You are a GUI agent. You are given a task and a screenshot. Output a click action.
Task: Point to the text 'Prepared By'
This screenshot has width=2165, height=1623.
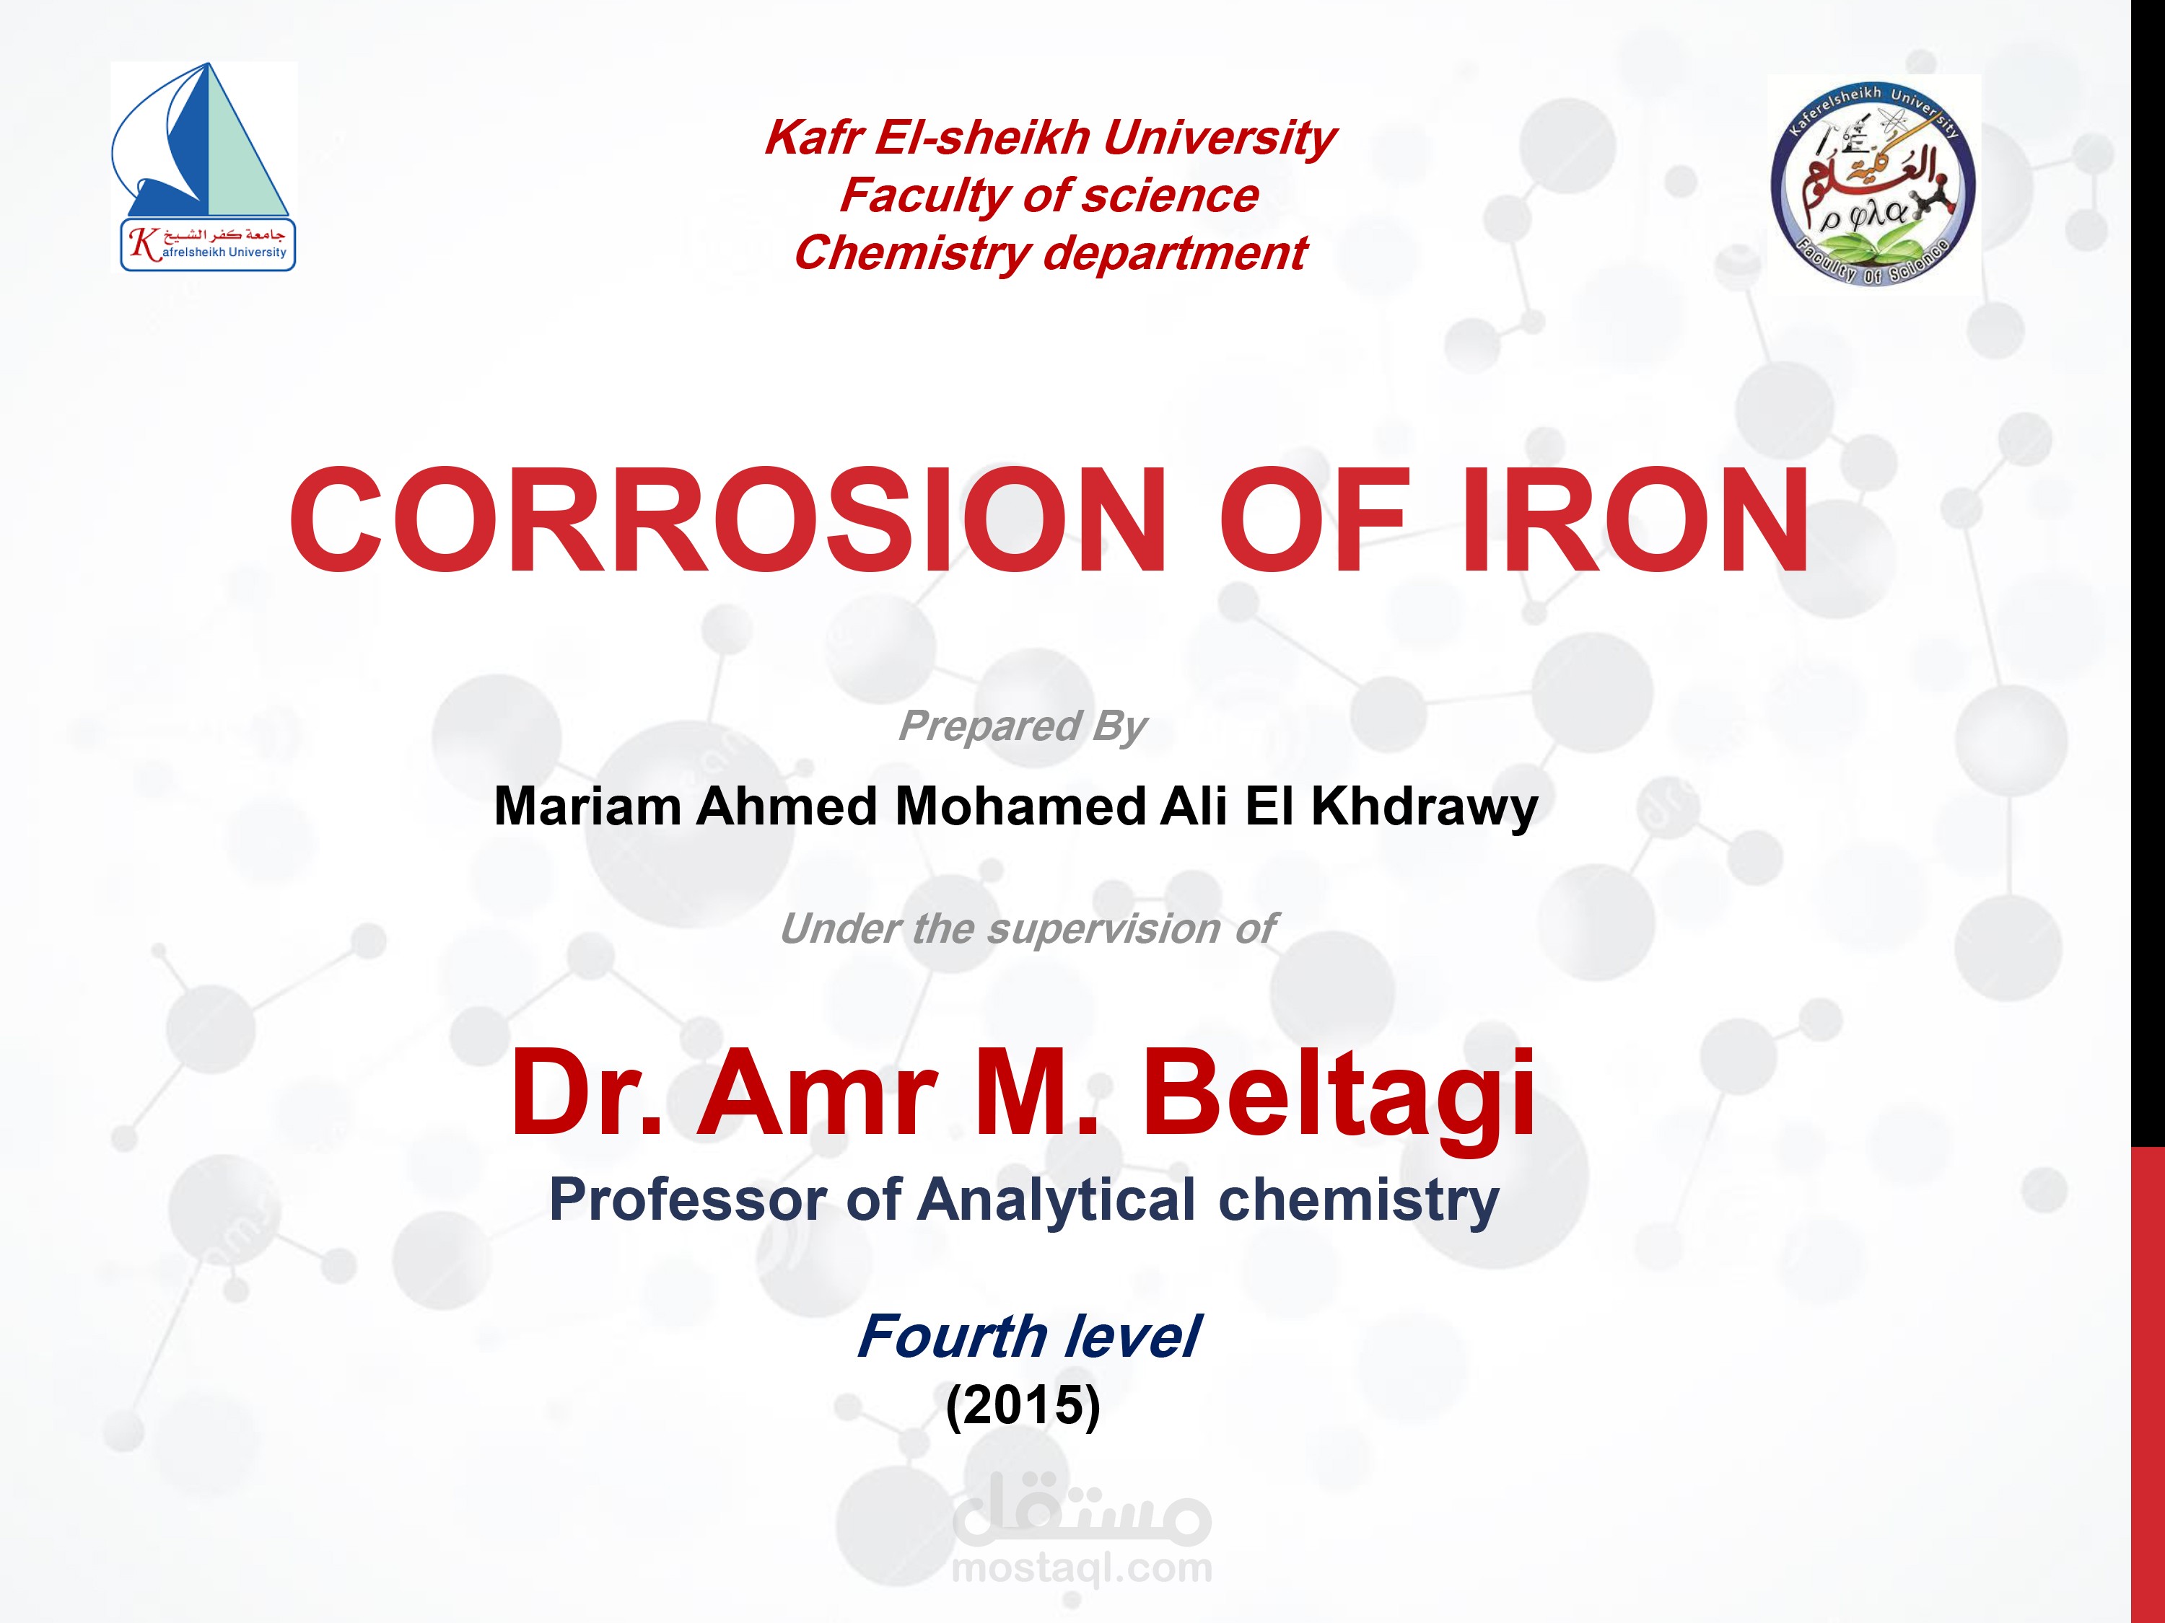pos(1022,726)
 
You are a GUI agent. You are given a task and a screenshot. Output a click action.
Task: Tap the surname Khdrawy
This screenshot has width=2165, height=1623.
pos(1424,807)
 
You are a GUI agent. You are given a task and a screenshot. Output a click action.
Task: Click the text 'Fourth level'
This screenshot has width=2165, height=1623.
pos(1028,1337)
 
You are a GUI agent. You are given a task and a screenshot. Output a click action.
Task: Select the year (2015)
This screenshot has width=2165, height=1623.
pos(1023,1405)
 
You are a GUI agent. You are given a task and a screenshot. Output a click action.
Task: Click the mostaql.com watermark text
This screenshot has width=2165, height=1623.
pos(1082,1567)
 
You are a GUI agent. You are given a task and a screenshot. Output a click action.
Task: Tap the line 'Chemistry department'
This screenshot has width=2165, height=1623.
pos(1049,253)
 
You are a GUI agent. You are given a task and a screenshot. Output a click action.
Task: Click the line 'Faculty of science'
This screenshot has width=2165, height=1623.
pos(1049,195)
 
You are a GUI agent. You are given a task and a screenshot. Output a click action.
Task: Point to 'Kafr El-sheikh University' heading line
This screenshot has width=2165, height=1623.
pos(1049,137)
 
